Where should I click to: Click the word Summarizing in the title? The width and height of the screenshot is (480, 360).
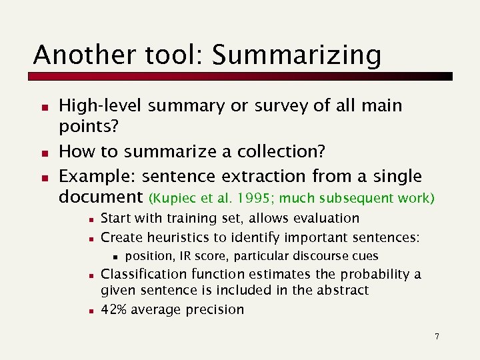(297, 55)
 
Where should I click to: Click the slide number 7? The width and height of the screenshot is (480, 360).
(437, 337)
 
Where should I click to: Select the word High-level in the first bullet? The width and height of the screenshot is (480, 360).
(101, 105)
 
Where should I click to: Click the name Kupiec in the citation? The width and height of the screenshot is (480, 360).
(173, 198)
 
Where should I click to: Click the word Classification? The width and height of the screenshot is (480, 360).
(143, 274)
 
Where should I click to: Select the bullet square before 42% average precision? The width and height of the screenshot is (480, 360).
(90, 310)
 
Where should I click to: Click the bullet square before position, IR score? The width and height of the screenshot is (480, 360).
(115, 257)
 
